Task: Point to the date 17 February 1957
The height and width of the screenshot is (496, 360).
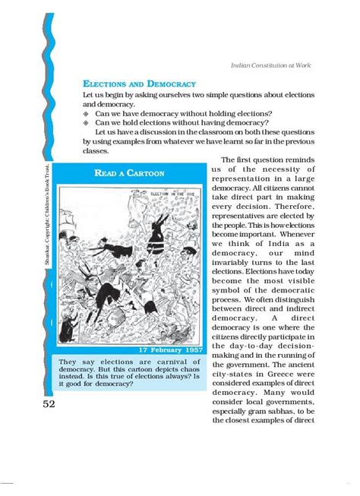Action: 170,350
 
